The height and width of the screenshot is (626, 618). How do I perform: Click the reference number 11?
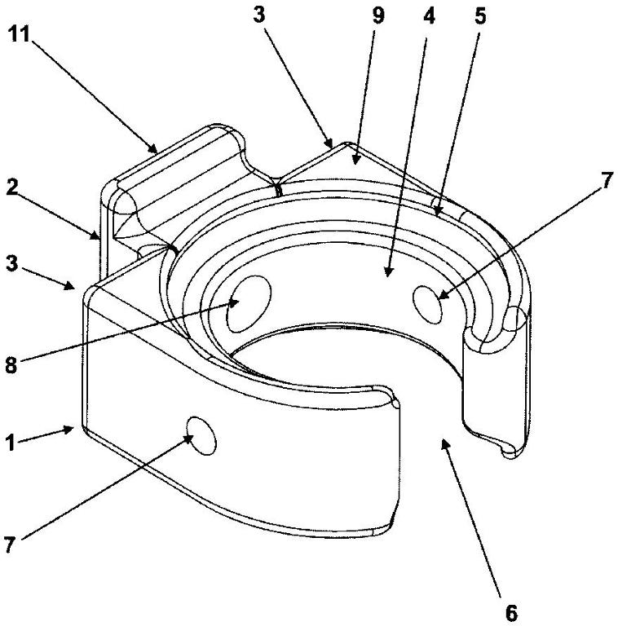(x=19, y=34)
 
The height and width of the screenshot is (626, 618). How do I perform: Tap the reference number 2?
(x=12, y=187)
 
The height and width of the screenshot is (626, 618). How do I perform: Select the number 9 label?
(x=377, y=15)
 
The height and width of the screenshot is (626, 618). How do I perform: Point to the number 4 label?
(x=429, y=16)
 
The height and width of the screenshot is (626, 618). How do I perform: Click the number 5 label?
(x=480, y=16)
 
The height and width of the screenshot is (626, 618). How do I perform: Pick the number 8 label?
(x=11, y=364)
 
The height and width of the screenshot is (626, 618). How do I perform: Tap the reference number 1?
(x=11, y=443)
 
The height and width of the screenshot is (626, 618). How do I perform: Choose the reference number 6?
(x=511, y=612)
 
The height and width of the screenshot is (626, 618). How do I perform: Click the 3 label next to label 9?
(x=259, y=15)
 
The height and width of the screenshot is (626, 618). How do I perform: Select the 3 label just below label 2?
(x=12, y=264)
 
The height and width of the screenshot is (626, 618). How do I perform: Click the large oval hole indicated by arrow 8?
(x=249, y=304)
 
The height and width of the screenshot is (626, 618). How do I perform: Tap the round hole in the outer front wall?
(x=201, y=435)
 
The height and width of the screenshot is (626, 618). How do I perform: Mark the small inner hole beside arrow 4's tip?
(x=427, y=305)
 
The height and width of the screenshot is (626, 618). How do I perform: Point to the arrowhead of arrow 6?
(x=444, y=443)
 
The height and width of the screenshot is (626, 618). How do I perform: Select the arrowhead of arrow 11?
(x=152, y=148)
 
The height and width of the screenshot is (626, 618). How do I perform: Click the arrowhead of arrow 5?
(x=438, y=209)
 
